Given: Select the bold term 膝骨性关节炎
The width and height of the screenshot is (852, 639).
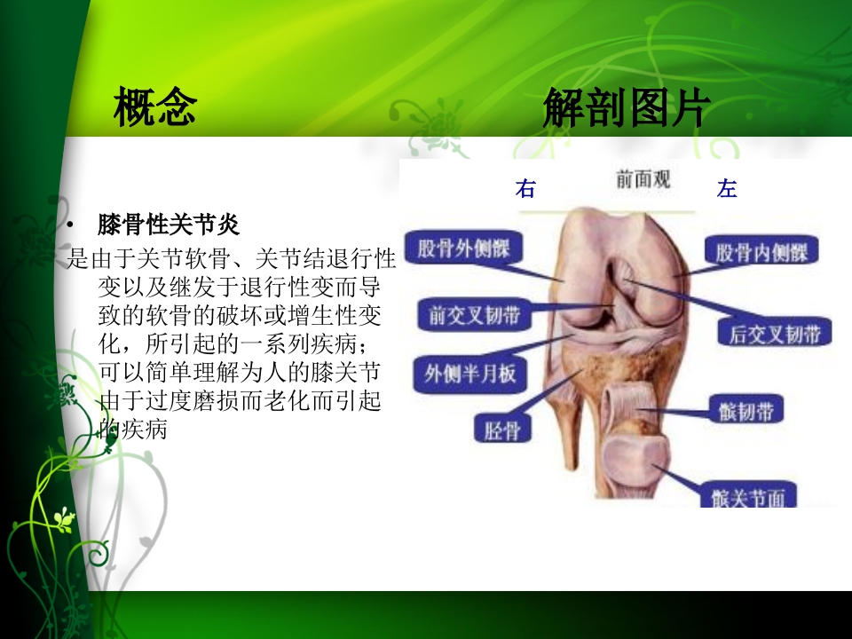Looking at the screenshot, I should pos(169,223).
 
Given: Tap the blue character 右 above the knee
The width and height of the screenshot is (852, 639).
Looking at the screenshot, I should pos(525,189).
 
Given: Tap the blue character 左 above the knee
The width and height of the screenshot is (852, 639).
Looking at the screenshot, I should pos(727,189).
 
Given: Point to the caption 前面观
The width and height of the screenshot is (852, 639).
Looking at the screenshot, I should pos(643,180).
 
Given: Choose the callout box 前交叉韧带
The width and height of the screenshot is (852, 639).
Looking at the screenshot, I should pos(469,317).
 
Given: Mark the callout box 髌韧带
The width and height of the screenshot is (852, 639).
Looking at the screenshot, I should pos(745,411).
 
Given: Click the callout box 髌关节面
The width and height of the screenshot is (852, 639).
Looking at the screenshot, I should pos(745,498).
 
